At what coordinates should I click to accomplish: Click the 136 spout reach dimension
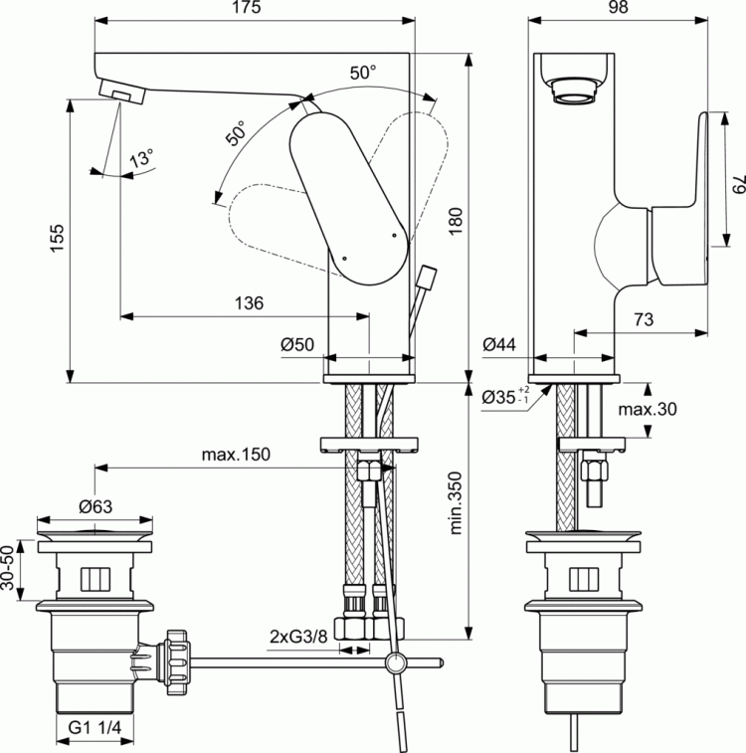250,302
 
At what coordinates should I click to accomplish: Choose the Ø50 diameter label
297,345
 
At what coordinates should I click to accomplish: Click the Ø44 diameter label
499,345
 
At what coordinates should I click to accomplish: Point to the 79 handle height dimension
737,186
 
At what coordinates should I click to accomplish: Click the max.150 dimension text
236,454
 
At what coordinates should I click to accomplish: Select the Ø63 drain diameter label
95,505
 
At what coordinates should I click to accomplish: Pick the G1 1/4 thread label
94,728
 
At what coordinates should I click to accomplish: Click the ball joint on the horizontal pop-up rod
395,664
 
